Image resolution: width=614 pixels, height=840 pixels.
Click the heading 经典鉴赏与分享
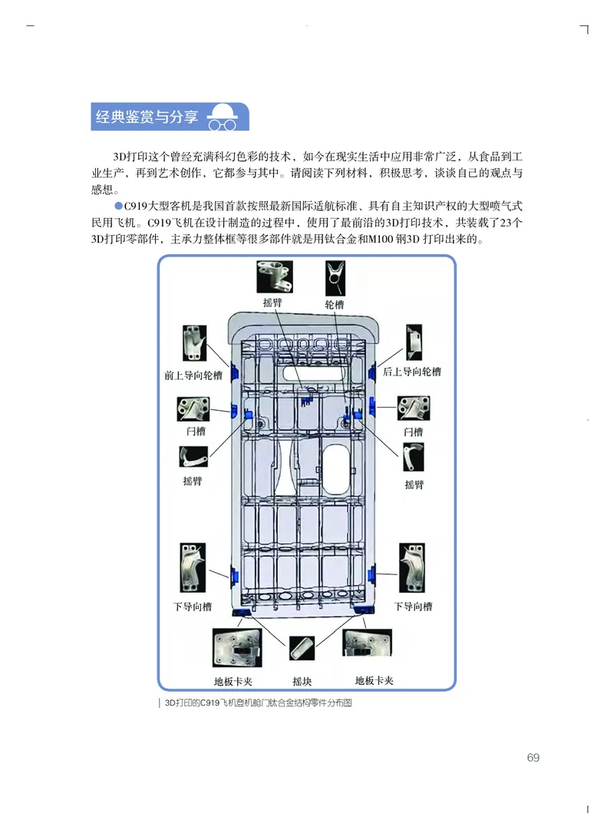coord(146,117)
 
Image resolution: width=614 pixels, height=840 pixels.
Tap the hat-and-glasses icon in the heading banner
coord(223,118)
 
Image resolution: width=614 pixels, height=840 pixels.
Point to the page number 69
coord(533,758)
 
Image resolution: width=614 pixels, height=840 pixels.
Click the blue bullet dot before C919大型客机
coord(118,207)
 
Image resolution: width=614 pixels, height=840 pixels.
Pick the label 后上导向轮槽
coord(412,372)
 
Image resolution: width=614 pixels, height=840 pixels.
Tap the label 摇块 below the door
coord(302,681)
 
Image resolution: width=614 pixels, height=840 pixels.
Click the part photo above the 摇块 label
coord(302,648)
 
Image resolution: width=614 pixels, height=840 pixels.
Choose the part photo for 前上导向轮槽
coord(195,343)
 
